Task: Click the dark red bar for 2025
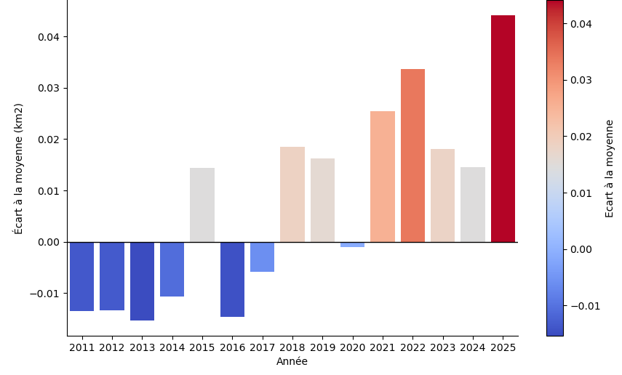503,129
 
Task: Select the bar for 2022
412,156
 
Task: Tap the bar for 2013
142,281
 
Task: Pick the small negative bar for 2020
352,245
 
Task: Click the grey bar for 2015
202,205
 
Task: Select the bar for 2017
262,257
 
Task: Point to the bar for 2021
383,177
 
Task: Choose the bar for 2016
232,279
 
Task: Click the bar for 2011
81,276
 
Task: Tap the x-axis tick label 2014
172,347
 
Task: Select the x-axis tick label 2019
322,347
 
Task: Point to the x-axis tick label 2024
473,347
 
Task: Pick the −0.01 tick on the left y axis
47,294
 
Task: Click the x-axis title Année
292,362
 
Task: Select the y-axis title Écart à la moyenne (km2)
19,168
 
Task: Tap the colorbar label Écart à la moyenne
610,168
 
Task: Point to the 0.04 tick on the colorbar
581,24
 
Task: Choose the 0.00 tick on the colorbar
581,249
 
